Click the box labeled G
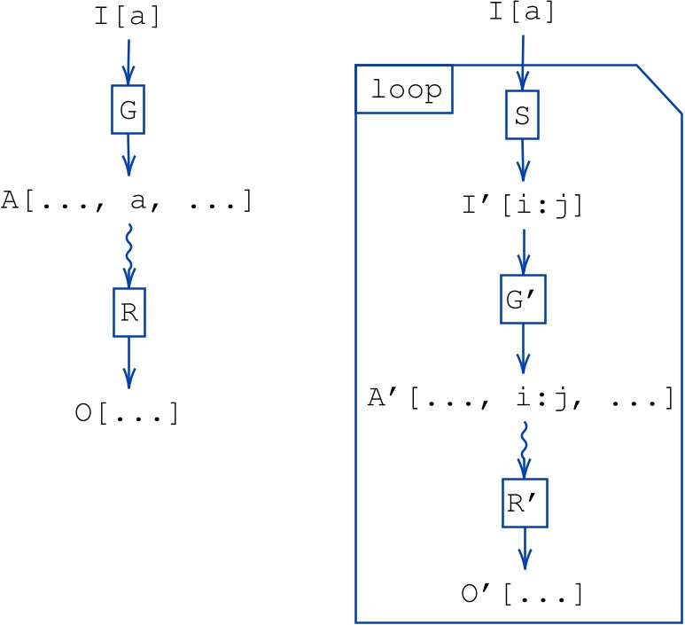[x=128, y=110]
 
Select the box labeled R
[x=128, y=312]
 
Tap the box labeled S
[x=522, y=116]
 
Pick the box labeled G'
[x=523, y=301]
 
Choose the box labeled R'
[x=523, y=504]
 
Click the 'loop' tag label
[x=404, y=90]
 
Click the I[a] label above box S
[x=522, y=13]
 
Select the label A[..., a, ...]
[x=127, y=201]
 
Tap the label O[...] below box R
[x=128, y=413]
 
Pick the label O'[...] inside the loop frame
[x=521, y=592]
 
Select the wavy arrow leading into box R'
[x=523, y=448]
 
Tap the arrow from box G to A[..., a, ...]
[x=128, y=155]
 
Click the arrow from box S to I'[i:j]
[x=522, y=160]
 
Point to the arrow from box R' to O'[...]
[x=523, y=550]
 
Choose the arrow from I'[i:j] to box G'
[x=523, y=254]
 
